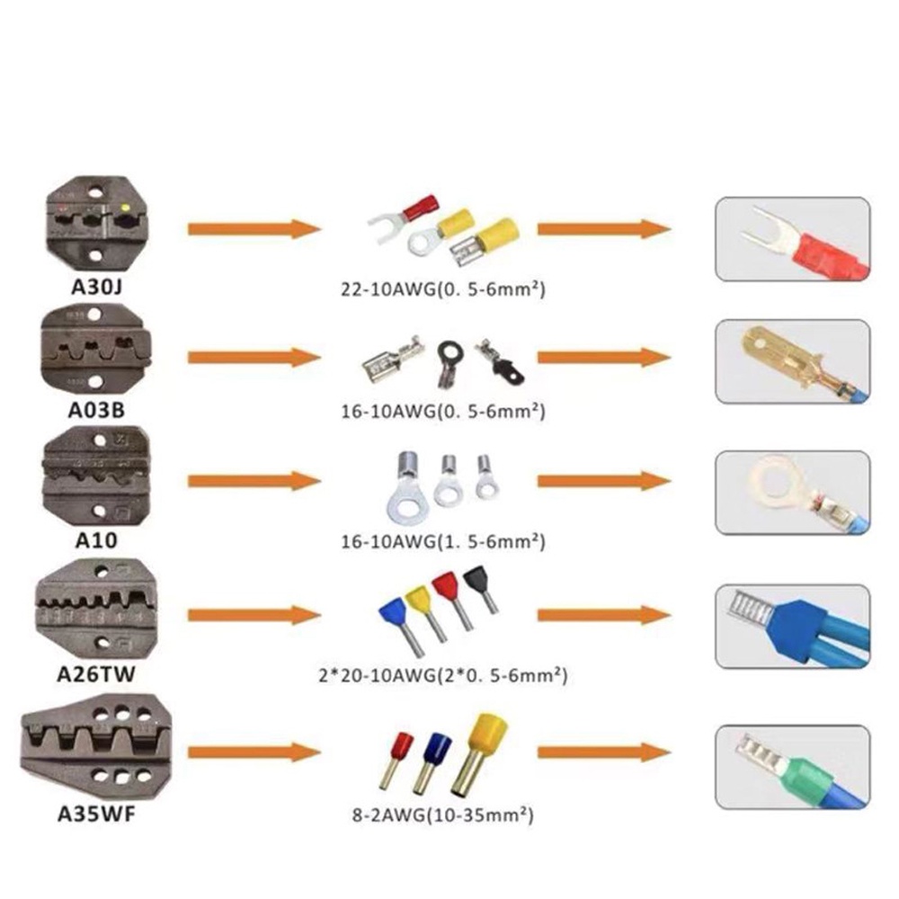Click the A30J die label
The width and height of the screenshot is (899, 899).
coord(96,287)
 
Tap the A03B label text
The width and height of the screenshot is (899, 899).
coord(96,411)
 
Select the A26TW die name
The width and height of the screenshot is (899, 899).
coord(96,674)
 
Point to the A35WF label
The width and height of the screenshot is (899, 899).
coord(96,814)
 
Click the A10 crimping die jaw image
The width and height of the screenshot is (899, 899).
coord(96,476)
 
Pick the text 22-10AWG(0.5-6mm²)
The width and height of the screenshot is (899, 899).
coord(443,289)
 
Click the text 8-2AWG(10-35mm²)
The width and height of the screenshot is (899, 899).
coord(442,814)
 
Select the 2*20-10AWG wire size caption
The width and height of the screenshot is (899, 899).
coord(443,675)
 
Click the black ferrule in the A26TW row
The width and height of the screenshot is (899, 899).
coord(482,589)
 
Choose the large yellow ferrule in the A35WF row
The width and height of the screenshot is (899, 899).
coord(479,754)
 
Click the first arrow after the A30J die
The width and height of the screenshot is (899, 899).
coord(254,228)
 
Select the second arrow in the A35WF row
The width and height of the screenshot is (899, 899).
coord(604,752)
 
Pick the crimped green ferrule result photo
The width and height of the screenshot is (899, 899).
coord(792,767)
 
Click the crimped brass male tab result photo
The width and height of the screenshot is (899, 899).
coord(792,361)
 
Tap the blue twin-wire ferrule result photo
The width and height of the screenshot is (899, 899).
coord(792,627)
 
